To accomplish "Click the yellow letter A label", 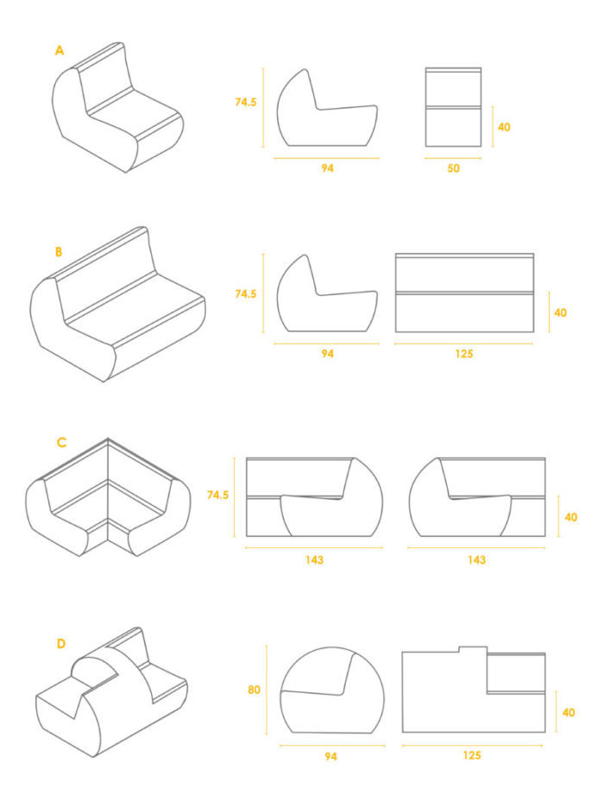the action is [60, 51].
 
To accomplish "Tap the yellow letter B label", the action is [59, 252].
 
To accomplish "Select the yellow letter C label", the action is [61, 443].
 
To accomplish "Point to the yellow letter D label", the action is [60, 644].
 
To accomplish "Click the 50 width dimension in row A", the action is [453, 168].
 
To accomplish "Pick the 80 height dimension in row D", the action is [254, 690].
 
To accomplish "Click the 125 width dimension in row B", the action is [464, 354].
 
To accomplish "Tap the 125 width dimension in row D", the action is [472, 755].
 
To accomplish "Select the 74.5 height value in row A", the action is [246, 102].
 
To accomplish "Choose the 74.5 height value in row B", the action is [246, 294].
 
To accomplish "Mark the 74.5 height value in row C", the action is [217, 495].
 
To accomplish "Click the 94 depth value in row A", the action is [327, 168].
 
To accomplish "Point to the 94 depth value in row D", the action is [330, 757].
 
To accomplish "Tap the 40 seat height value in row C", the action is [571, 518].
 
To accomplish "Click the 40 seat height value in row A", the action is [504, 127].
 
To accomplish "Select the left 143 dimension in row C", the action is [314, 560].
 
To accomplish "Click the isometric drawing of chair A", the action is [117, 108].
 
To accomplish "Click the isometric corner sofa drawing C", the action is [108, 497].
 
